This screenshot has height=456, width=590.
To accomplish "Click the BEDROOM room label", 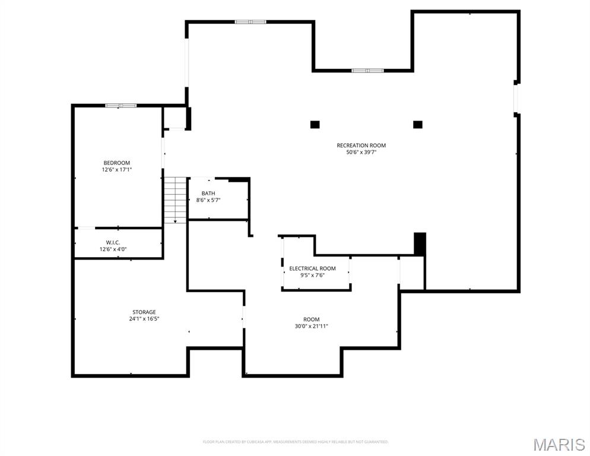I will click(x=116, y=163).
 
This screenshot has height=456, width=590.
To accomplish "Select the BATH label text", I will click(x=208, y=193).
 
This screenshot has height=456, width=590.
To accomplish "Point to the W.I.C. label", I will click(x=113, y=242).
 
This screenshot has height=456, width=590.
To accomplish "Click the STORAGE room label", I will click(x=144, y=312).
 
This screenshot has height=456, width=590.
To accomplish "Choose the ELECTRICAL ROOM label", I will click(x=312, y=268).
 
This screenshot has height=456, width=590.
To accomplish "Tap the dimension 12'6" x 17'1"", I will click(x=116, y=170).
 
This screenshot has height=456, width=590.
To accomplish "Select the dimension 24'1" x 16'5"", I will click(x=144, y=319).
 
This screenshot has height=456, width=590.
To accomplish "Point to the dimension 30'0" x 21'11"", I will click(x=311, y=326).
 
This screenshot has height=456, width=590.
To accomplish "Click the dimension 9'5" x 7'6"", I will click(x=312, y=275).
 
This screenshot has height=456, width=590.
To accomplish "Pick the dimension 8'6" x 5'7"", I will click(x=208, y=200).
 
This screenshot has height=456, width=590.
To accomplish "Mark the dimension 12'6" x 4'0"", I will click(x=113, y=249).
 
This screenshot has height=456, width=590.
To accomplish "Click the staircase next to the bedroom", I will click(x=175, y=199).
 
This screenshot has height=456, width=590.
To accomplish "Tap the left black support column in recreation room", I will click(x=315, y=125).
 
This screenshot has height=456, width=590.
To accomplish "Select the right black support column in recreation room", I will click(x=417, y=125).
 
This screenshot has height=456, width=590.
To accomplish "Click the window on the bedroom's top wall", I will click(x=121, y=106).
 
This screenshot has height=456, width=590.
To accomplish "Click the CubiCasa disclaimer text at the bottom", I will click(x=295, y=442).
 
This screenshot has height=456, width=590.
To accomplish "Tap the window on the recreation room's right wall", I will click(x=516, y=98).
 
